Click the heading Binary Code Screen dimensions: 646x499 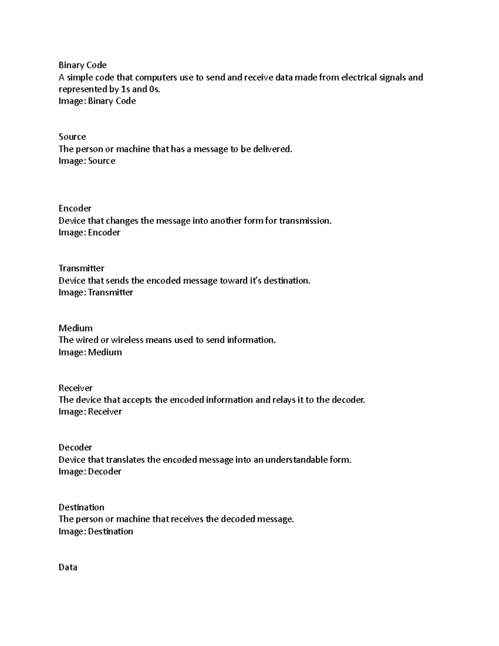(82, 65)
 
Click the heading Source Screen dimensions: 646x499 (72, 137)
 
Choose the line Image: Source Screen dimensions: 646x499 (87, 161)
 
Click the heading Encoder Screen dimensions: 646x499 (75, 208)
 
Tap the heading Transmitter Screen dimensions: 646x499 (82, 268)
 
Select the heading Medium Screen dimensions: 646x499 (76, 328)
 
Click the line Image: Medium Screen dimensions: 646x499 (90, 352)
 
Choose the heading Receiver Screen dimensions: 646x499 (76, 388)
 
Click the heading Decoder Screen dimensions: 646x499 (75, 448)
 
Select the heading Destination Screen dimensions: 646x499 (82, 507)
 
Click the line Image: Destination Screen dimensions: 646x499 (96, 532)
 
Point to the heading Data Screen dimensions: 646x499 (68, 567)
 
